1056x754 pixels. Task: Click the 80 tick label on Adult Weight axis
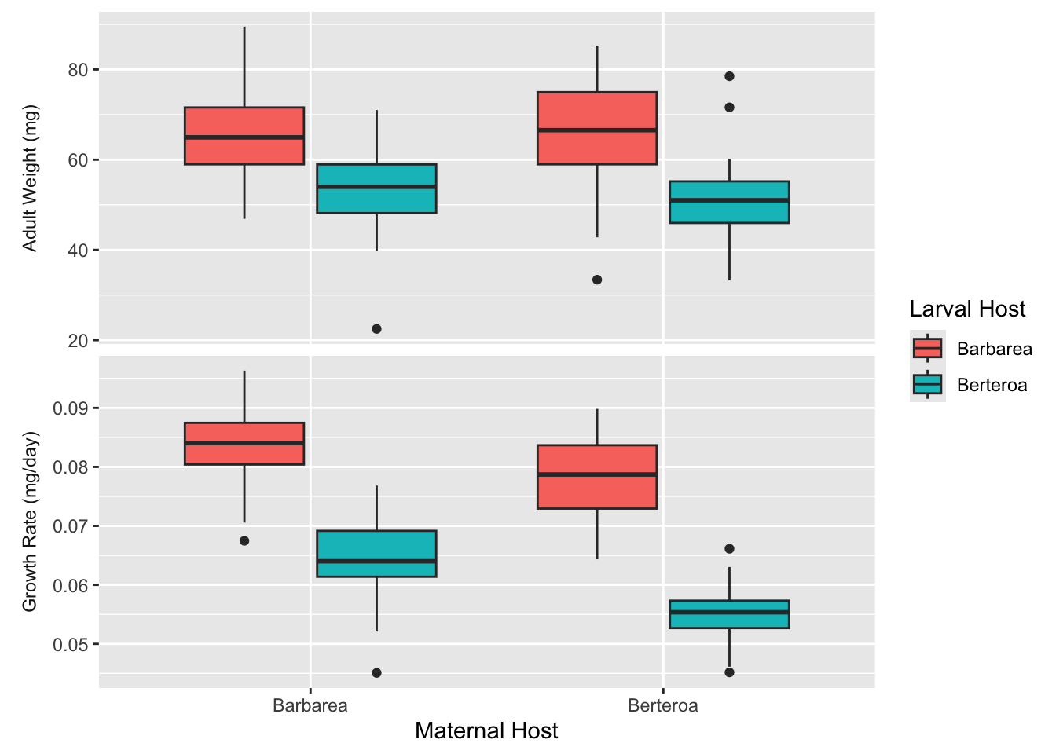click(x=79, y=70)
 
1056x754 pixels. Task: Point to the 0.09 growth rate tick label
click(x=71, y=408)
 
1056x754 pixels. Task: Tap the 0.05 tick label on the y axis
click(x=71, y=645)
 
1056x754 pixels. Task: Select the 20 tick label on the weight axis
click(x=79, y=341)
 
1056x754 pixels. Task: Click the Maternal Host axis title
click(x=486, y=731)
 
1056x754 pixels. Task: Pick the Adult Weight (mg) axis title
click(x=30, y=178)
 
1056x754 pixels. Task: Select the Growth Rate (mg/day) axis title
click(x=30, y=522)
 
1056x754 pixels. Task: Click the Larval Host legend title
click(x=967, y=309)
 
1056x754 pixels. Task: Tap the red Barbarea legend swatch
click(x=927, y=348)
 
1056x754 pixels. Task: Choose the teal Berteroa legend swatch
click(x=927, y=384)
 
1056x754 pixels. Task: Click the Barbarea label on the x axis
click(x=310, y=705)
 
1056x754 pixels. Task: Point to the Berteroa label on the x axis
click(x=662, y=705)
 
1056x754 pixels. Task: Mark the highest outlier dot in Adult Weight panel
click(x=729, y=76)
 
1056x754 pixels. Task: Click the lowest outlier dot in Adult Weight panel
click(x=376, y=329)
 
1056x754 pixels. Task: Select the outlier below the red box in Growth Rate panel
click(x=244, y=540)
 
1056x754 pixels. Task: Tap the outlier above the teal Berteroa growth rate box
click(x=729, y=548)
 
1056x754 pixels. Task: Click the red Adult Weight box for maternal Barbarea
click(x=244, y=136)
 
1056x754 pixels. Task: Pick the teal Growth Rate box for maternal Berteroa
click(x=729, y=614)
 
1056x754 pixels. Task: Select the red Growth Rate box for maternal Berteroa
click(x=597, y=477)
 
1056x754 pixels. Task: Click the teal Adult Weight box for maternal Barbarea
click(x=376, y=188)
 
